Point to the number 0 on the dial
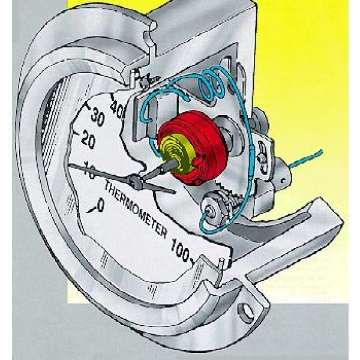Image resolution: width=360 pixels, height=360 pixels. tap(100, 206)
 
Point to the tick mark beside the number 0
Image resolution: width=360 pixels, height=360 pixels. tap(90, 209)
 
